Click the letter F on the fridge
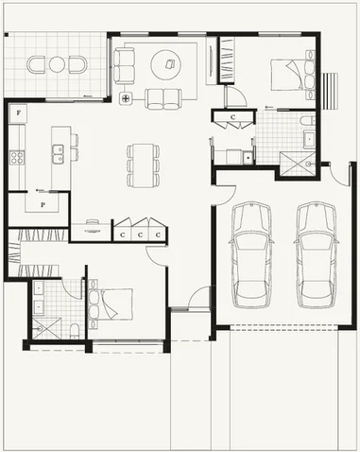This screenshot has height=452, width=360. tap(18, 113)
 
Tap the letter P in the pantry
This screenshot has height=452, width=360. tap(43, 204)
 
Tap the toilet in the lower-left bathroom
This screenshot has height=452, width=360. tap(74, 328)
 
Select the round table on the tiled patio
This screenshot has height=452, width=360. tap(58, 64)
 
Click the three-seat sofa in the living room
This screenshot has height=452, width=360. tap(125, 64)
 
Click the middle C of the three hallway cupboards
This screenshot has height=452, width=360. tap(140, 233)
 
